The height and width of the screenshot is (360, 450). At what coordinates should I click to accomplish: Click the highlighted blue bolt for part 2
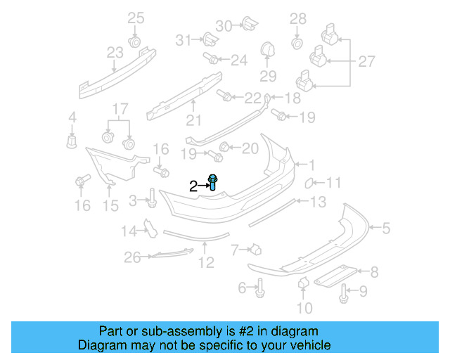tap(213, 183)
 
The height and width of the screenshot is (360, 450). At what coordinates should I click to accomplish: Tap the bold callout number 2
tap(193, 186)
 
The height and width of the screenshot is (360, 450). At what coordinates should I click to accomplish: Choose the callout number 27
tap(366, 62)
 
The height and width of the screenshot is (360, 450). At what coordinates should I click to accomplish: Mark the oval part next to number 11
tap(308, 184)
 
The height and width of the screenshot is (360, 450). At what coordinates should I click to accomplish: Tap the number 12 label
tap(205, 264)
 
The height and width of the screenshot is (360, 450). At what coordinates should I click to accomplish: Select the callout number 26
tap(133, 258)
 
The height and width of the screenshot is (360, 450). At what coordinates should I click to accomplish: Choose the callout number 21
tap(193, 120)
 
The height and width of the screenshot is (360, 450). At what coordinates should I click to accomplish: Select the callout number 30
tap(223, 26)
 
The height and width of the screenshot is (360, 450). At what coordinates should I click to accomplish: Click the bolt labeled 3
tap(151, 199)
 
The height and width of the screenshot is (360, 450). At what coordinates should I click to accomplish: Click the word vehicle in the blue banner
tap(307, 346)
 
